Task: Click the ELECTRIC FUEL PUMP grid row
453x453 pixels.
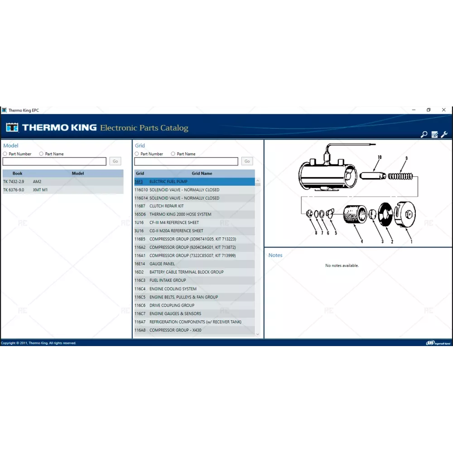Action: [194, 182]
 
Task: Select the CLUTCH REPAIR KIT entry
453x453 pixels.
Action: [194, 206]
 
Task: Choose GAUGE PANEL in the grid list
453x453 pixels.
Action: [194, 264]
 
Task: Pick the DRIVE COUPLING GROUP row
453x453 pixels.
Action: [194, 305]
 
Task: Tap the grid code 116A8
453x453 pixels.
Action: [140, 330]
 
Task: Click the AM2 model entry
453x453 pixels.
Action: [37, 182]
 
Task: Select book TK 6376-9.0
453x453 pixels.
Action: [14, 190]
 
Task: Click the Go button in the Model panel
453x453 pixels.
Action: [115, 161]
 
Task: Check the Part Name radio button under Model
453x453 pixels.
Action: [41, 154]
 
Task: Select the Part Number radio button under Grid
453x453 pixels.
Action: [137, 154]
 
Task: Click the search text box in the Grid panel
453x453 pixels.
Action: [186, 161]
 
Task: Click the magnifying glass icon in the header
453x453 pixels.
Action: [424, 135]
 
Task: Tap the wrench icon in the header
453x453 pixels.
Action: [444, 135]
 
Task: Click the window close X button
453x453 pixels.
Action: [444, 110]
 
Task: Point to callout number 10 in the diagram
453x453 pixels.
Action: [380, 157]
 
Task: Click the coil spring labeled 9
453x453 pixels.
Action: [400, 176]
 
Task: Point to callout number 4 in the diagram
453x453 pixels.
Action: [361, 241]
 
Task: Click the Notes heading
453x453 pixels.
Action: [275, 255]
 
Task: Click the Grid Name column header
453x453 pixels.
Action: [202, 173]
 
